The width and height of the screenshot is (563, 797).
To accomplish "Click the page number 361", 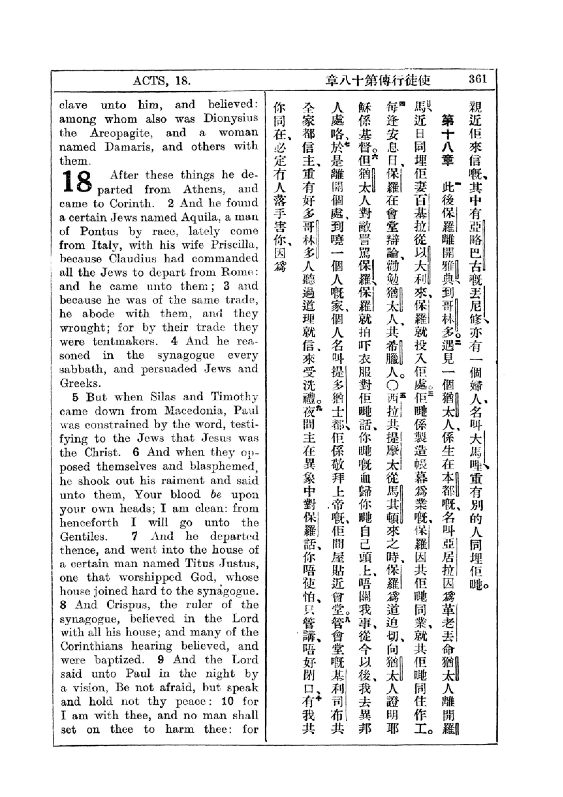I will (x=477, y=79).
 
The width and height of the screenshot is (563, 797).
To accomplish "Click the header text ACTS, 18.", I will (x=162, y=81).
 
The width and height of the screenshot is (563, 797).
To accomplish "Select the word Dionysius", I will (x=231, y=118).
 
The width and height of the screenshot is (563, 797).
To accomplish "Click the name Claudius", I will (x=133, y=259).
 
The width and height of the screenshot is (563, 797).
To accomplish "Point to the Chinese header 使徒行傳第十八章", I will (x=377, y=80).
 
